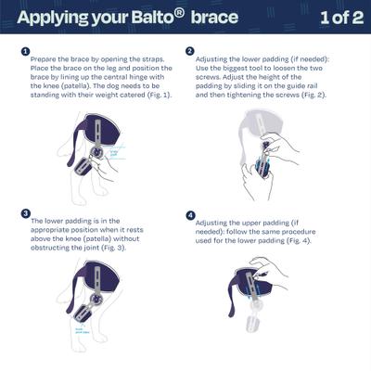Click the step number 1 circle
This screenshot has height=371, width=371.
25,52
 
